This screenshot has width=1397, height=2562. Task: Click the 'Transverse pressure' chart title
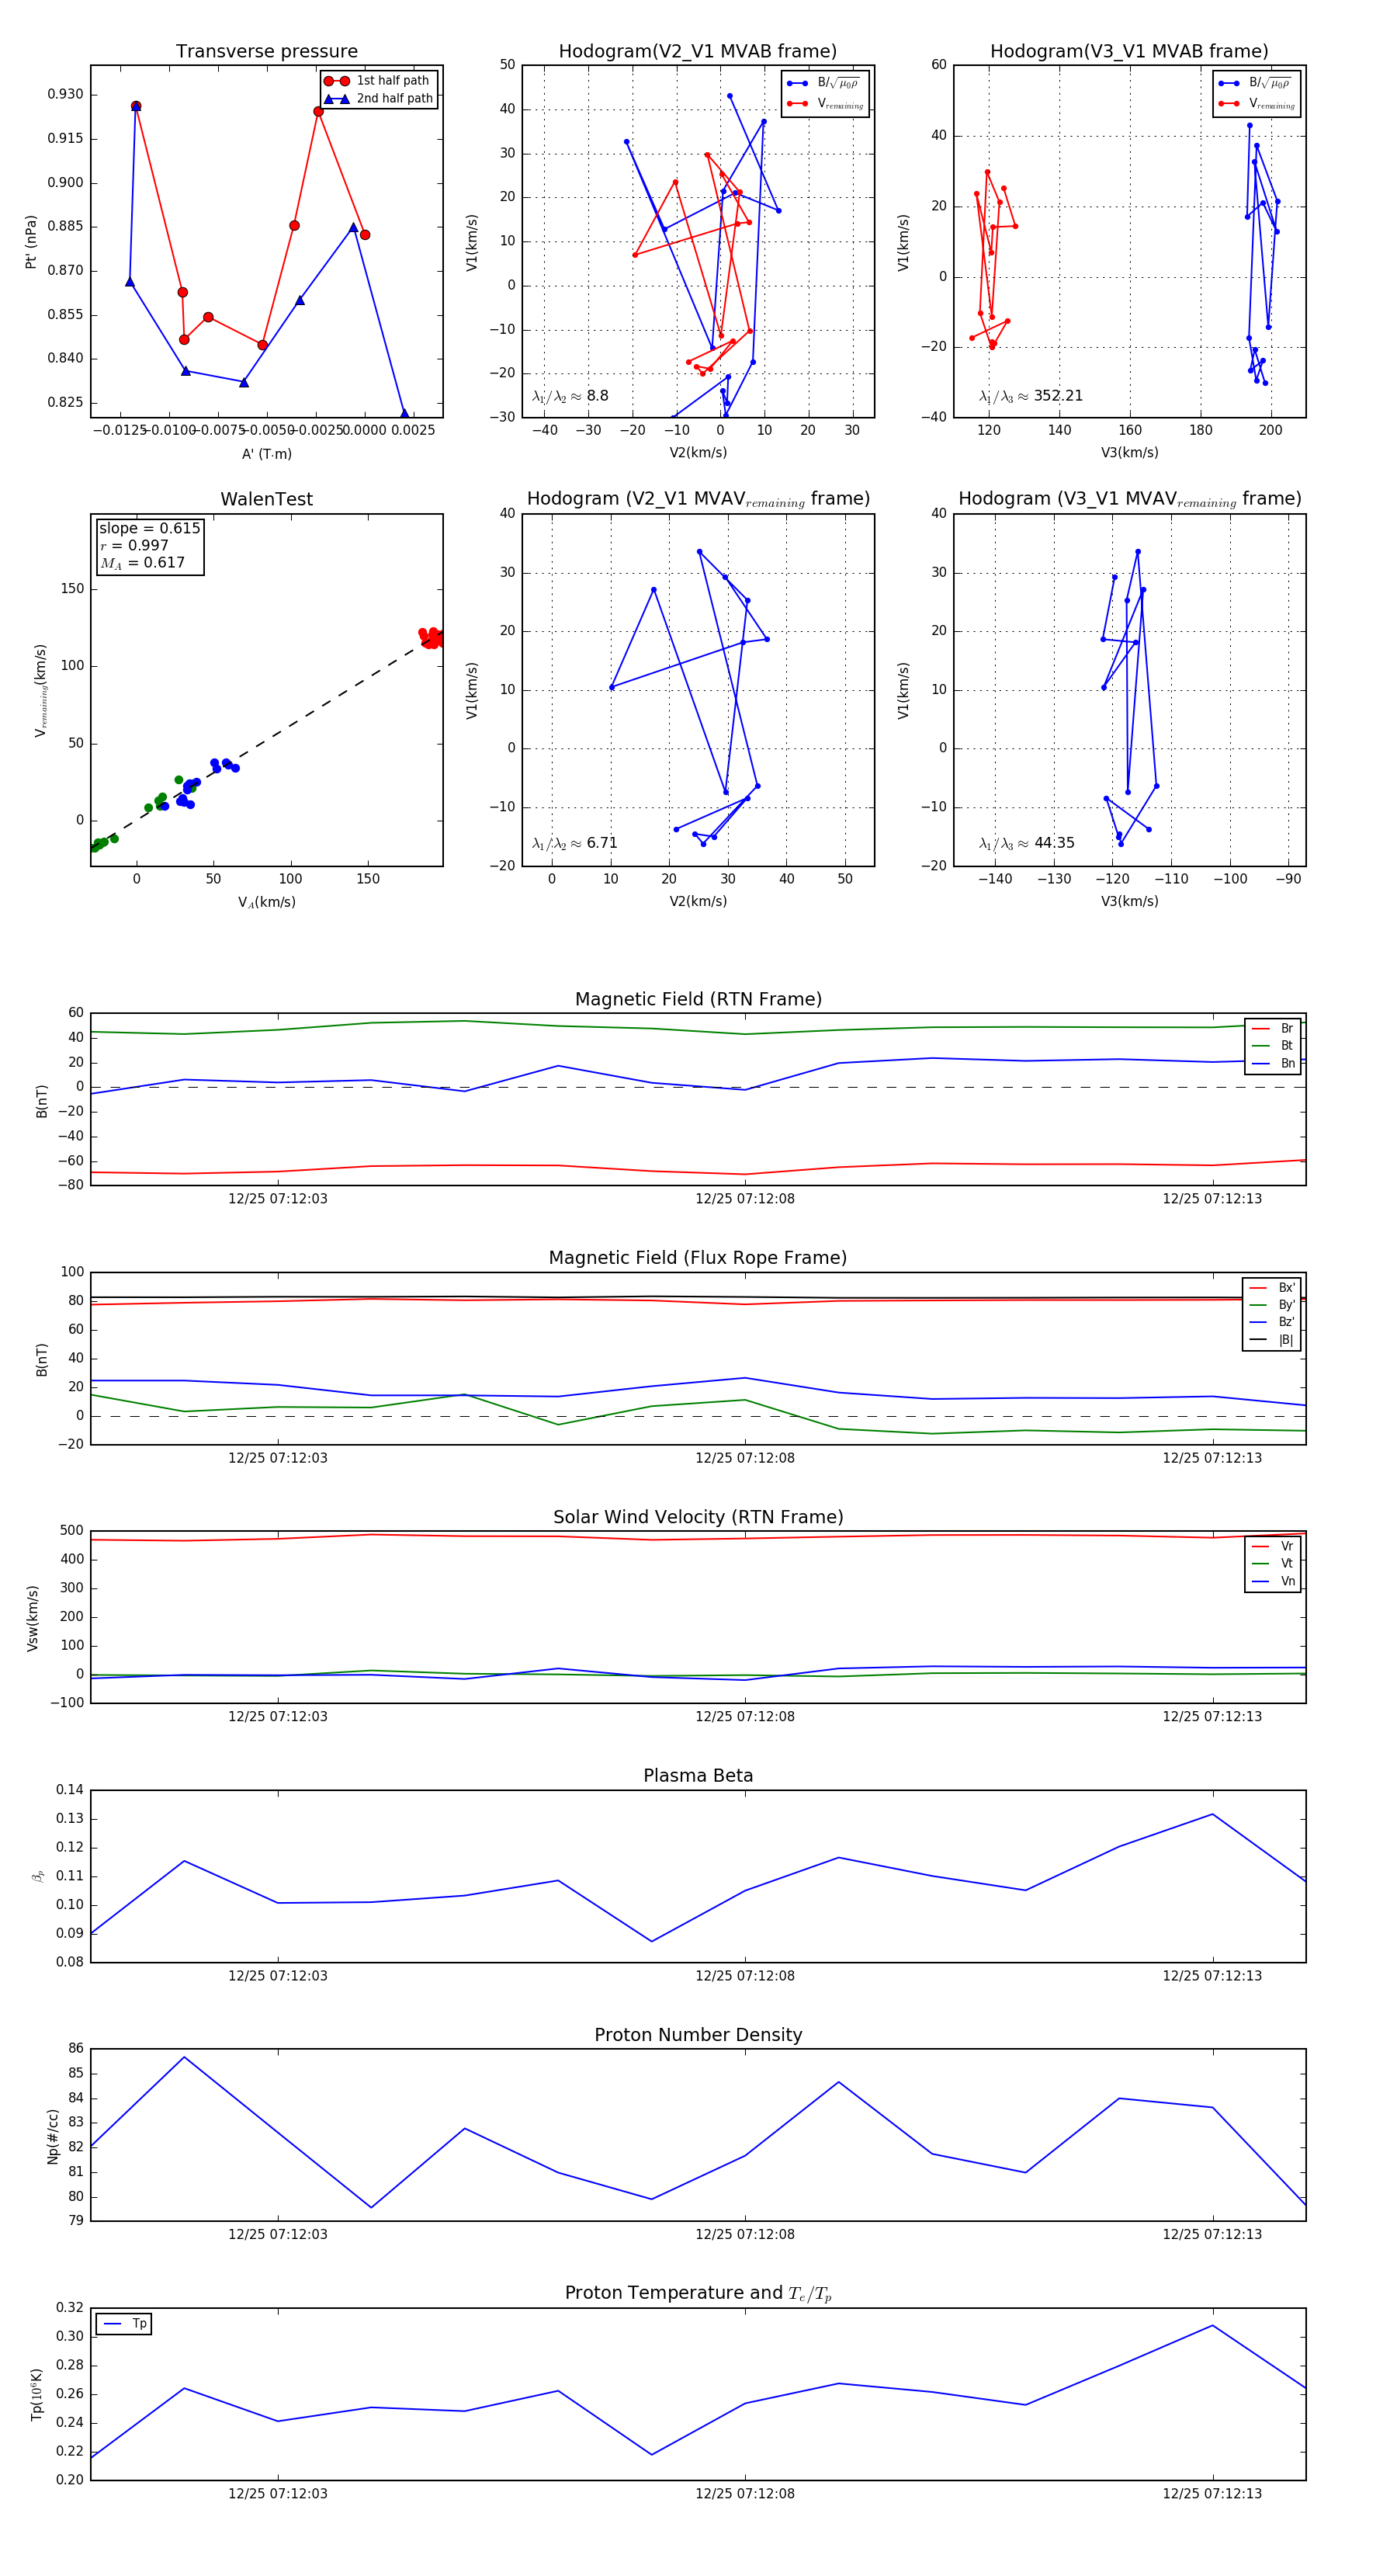point(266,52)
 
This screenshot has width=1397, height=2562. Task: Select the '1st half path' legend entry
point(392,81)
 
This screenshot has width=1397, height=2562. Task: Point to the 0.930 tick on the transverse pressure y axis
point(66,95)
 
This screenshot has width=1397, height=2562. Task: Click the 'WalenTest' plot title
point(266,499)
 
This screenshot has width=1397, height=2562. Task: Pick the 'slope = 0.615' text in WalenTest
point(149,528)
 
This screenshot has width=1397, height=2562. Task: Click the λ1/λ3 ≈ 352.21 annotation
point(1031,396)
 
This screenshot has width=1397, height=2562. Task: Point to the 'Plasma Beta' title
point(698,1776)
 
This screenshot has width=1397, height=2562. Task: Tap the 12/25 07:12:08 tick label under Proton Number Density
point(745,2235)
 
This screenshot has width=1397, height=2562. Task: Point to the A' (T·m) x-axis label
point(266,454)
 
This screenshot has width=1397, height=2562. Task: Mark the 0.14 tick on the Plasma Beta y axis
point(70,1790)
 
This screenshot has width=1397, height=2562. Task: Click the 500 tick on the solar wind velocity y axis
point(71,1531)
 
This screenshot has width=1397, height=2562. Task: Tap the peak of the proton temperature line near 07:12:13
point(1212,2325)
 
